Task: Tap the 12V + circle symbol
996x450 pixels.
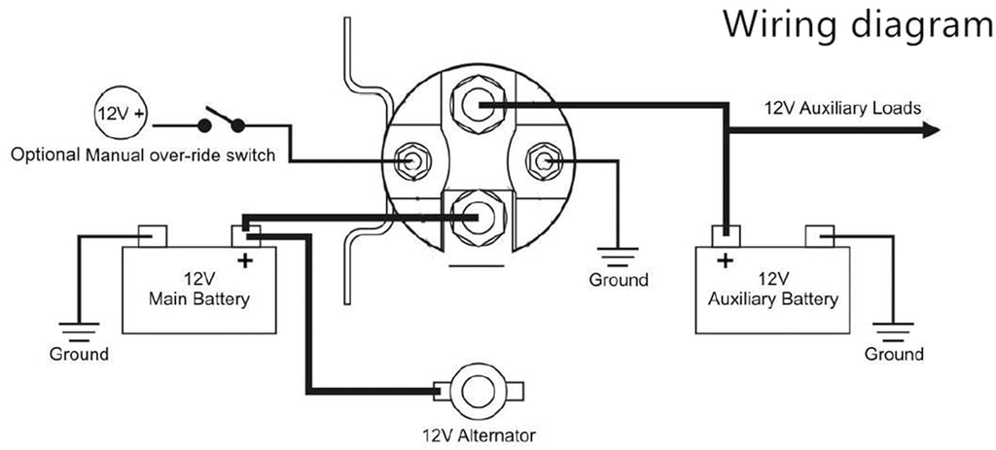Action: [120, 114]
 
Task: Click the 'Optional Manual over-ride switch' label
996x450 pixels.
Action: [143, 155]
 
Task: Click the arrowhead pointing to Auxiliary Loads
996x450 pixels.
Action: [930, 131]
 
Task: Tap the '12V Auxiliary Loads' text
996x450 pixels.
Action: [843, 108]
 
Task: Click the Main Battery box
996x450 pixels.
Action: [198, 290]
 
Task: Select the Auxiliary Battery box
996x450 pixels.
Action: [772, 290]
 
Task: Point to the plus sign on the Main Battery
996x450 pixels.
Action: [245, 260]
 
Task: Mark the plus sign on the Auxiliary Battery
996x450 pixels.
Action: [725, 260]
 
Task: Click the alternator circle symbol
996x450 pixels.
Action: [478, 390]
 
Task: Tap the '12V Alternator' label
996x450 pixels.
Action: [479, 436]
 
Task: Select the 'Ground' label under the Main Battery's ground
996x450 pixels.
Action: [79, 354]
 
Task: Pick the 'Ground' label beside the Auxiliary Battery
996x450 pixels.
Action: [894, 354]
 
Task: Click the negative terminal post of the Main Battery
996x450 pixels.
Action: [153, 236]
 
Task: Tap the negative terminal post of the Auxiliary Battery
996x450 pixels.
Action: [819, 236]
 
